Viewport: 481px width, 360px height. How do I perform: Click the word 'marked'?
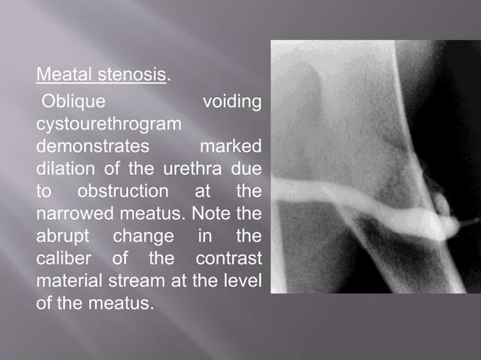click(x=230, y=145)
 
